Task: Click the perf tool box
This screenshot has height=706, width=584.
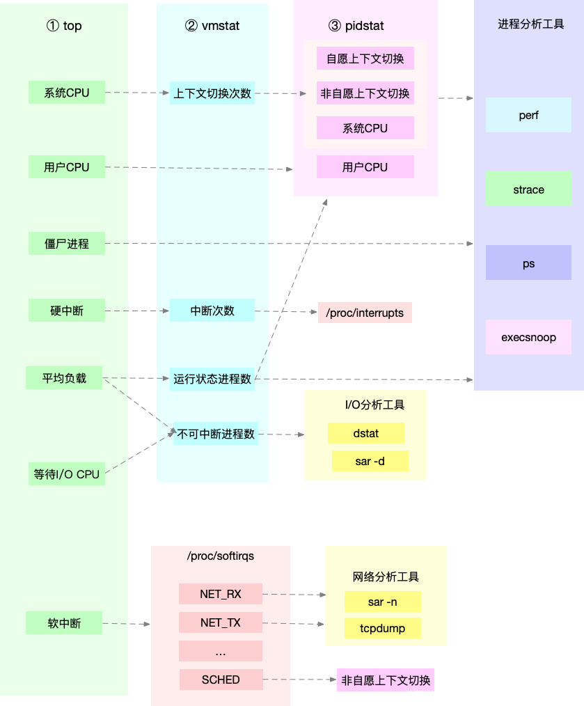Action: pyautogui.click(x=528, y=116)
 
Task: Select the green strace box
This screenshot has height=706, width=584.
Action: pyautogui.click(x=528, y=189)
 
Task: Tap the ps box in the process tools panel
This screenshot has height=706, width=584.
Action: pyautogui.click(x=528, y=264)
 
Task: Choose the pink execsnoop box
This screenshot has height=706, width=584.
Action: pyautogui.click(x=528, y=338)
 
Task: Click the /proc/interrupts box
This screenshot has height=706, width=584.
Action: pyautogui.click(x=365, y=313)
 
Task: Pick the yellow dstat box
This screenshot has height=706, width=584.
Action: pyautogui.click(x=365, y=434)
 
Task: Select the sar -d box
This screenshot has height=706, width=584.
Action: pyautogui.click(x=370, y=461)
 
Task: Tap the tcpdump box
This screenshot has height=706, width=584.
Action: pyautogui.click(x=382, y=628)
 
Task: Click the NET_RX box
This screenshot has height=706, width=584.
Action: pyautogui.click(x=221, y=594)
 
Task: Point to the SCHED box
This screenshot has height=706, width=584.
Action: pyautogui.click(x=221, y=680)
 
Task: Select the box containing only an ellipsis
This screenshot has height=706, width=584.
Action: pyautogui.click(x=221, y=651)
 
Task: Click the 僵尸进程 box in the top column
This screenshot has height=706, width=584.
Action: pyautogui.click(x=67, y=244)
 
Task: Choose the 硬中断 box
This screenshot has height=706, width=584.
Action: pyautogui.click(x=67, y=311)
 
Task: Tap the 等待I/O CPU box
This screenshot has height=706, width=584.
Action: pyautogui.click(x=67, y=474)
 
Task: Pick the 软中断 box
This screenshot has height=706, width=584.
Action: pyautogui.click(x=64, y=623)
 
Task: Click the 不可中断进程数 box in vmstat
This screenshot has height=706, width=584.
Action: pyautogui.click(x=216, y=434)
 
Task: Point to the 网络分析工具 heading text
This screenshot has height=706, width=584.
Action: pyautogui.click(x=386, y=576)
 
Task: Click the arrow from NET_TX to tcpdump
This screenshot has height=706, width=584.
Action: pyautogui.click(x=293, y=623)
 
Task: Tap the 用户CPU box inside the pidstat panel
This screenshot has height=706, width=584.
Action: pyautogui.click(x=365, y=167)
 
